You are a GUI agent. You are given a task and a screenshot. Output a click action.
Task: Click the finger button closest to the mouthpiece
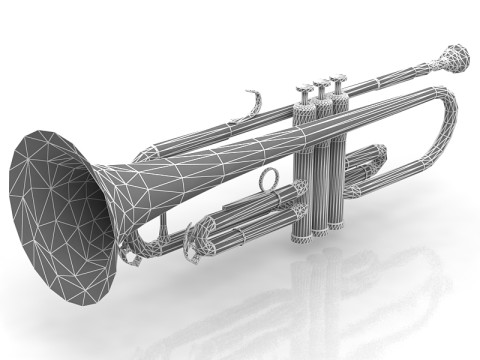pyautogui.click(x=338, y=77)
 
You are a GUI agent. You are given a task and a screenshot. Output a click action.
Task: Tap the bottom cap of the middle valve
pyautogui.click(x=319, y=234)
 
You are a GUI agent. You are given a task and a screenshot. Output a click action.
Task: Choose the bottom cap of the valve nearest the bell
pyautogui.click(x=301, y=239)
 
